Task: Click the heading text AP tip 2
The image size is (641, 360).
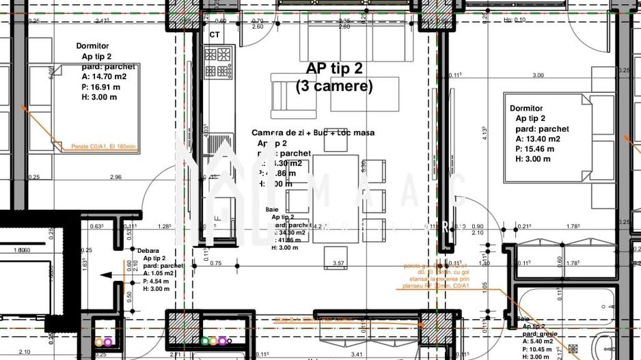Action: click(334, 68)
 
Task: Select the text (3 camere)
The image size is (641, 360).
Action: click(334, 87)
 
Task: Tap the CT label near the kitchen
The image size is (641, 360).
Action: click(215, 34)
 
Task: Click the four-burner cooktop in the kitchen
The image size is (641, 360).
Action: click(219, 62)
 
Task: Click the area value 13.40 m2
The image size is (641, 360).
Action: click(538, 139)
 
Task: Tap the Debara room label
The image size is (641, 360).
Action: click(149, 251)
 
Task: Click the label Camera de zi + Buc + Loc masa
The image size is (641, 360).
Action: click(313, 133)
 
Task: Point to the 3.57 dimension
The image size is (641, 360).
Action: click(338, 263)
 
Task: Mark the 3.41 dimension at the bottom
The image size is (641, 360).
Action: click(355, 354)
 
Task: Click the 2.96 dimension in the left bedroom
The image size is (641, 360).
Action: click(115, 177)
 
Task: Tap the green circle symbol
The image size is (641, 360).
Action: click(205, 340)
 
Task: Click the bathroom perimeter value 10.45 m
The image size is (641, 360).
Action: click(541, 349)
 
